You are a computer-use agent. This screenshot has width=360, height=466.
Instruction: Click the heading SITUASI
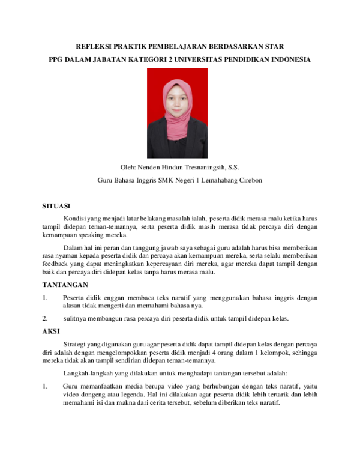[56, 206]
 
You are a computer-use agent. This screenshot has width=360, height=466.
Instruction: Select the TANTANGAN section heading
[65, 284]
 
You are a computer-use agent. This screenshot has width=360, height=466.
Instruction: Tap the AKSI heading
[52, 331]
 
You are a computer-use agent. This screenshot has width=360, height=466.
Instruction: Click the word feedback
[55, 264]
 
